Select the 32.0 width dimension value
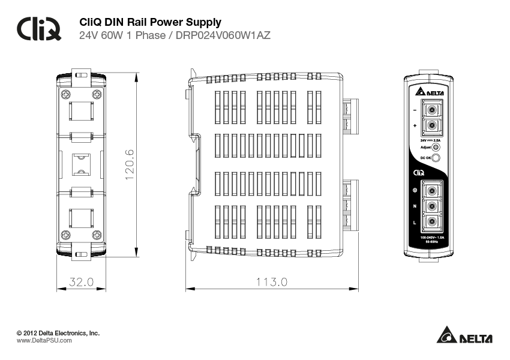coord(81,281)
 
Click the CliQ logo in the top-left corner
coord(39,28)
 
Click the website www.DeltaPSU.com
coord(44,340)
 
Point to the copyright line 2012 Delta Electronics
coord(58,332)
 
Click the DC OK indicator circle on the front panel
coord(436,158)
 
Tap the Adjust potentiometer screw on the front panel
coord(436,147)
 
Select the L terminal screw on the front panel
coord(431,223)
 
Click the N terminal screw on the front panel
coord(431,206)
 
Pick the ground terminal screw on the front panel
coord(431,190)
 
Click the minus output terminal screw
coord(431,110)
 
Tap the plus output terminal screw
coord(431,126)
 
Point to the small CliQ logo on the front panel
coord(419,173)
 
